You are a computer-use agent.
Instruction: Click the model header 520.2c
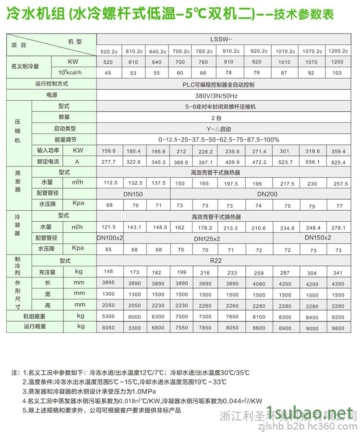coord(108,50)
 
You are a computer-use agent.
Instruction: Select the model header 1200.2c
coord(337,50)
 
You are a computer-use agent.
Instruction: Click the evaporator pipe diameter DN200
coord(267,194)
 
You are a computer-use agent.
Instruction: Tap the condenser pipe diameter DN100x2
coord(110,238)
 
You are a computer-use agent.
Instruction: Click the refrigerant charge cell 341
coord(339,272)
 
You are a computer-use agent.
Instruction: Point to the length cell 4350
coord(339,283)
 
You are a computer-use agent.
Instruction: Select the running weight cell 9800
coord(339,328)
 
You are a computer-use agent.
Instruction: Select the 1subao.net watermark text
coord(312,412)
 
